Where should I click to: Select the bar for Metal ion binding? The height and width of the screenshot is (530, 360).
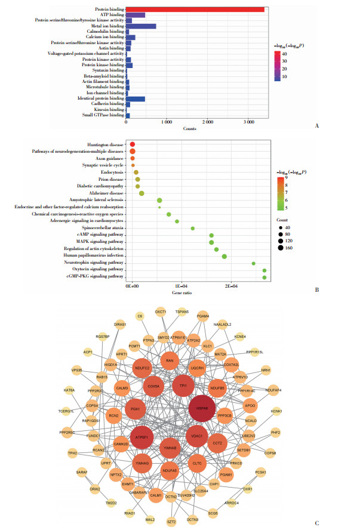pyautogui.click(x=141, y=26)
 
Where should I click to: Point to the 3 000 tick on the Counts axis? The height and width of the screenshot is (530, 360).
pyautogui.click(x=248, y=121)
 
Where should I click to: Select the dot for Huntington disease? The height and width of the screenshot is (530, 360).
pyautogui.click(x=133, y=145)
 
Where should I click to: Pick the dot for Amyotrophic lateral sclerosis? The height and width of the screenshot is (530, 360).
pyautogui.click(x=159, y=201)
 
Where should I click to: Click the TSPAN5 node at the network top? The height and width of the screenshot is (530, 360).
pyautogui.click(x=182, y=312)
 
